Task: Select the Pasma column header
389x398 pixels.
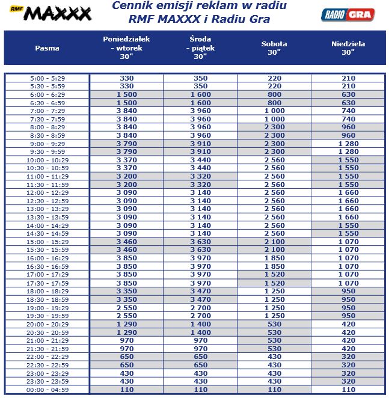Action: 47,48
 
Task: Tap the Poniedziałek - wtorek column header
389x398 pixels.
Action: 126,47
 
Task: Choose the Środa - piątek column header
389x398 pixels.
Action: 200,47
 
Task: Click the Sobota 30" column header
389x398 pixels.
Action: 274,48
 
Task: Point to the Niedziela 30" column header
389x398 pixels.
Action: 348,48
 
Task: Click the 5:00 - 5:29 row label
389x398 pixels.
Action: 47,79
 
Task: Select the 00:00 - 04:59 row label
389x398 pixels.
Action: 47,390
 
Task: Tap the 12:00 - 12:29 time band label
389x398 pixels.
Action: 47,193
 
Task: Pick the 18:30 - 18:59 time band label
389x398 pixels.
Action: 47,299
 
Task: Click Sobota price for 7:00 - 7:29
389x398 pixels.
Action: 274,111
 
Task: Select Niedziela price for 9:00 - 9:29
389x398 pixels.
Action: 348,144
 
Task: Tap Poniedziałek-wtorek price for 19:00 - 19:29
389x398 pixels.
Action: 126,308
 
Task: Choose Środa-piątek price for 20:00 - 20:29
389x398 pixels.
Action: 200,324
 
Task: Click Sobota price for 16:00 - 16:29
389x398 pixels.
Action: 274,259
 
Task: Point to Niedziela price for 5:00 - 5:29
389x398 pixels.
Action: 348,79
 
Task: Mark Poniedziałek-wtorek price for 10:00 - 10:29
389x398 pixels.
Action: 126,161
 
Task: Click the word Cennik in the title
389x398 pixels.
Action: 133,6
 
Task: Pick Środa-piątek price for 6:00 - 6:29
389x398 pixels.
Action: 200,95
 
